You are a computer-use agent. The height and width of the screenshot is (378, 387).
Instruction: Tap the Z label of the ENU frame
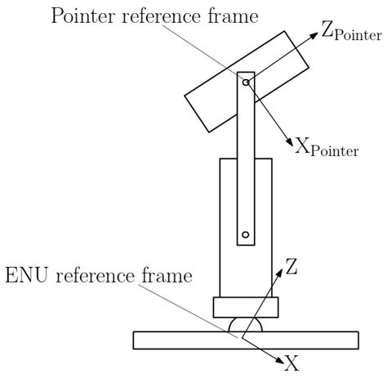point(291,265)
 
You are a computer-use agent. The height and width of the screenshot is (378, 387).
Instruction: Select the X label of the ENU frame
point(291,362)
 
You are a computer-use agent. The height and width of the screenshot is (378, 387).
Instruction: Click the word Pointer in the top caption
point(85,17)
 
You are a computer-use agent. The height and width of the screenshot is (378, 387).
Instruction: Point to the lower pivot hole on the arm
point(245,235)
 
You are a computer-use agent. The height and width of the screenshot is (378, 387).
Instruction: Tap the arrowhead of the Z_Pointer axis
point(314,37)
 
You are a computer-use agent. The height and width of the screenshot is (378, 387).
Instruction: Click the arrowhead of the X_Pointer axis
point(287,140)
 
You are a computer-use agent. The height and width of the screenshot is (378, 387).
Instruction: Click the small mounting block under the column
point(245,308)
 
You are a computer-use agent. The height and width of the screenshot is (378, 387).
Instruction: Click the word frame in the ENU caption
point(167,276)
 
